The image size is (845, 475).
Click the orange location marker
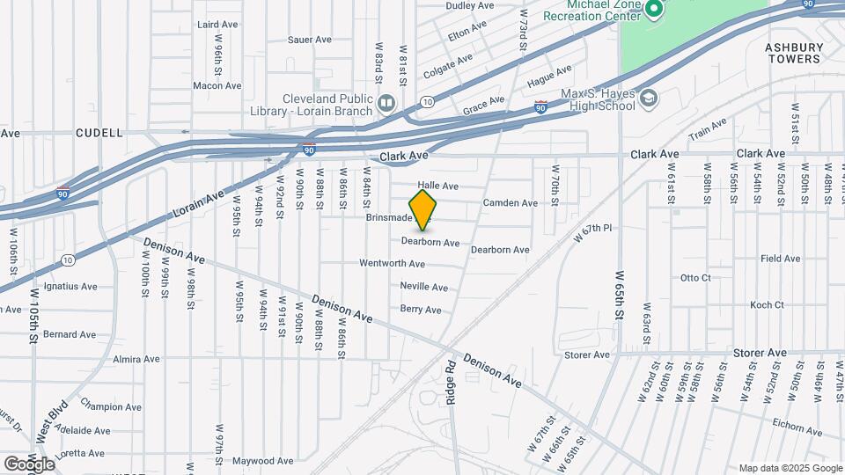click(x=423, y=209)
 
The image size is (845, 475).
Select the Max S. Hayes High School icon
click(x=649, y=98)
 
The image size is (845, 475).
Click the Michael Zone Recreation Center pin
click(x=653, y=11)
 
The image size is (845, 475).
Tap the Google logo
click(x=29, y=464)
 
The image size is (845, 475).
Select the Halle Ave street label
click(x=438, y=186)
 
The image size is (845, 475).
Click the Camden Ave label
click(x=510, y=203)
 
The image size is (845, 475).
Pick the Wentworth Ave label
click(x=393, y=263)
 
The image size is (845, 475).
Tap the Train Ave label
click(x=708, y=129)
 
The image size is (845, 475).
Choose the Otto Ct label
click(x=695, y=278)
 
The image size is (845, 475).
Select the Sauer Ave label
click(x=310, y=40)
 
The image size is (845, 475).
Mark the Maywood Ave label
click(x=262, y=460)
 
